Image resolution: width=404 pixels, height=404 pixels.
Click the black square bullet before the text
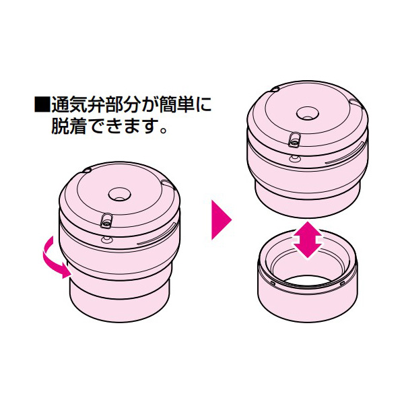(x=42, y=106)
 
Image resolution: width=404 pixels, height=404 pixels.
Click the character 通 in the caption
(x=61, y=106)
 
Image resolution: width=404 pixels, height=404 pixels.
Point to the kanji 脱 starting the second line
(x=61, y=127)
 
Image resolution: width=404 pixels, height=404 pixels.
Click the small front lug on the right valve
(x=295, y=139)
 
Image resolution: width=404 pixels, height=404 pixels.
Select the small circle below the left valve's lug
(x=106, y=238)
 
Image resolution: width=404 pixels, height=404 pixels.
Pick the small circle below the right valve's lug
(x=294, y=157)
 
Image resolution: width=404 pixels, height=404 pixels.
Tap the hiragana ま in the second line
(x=120, y=127)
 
